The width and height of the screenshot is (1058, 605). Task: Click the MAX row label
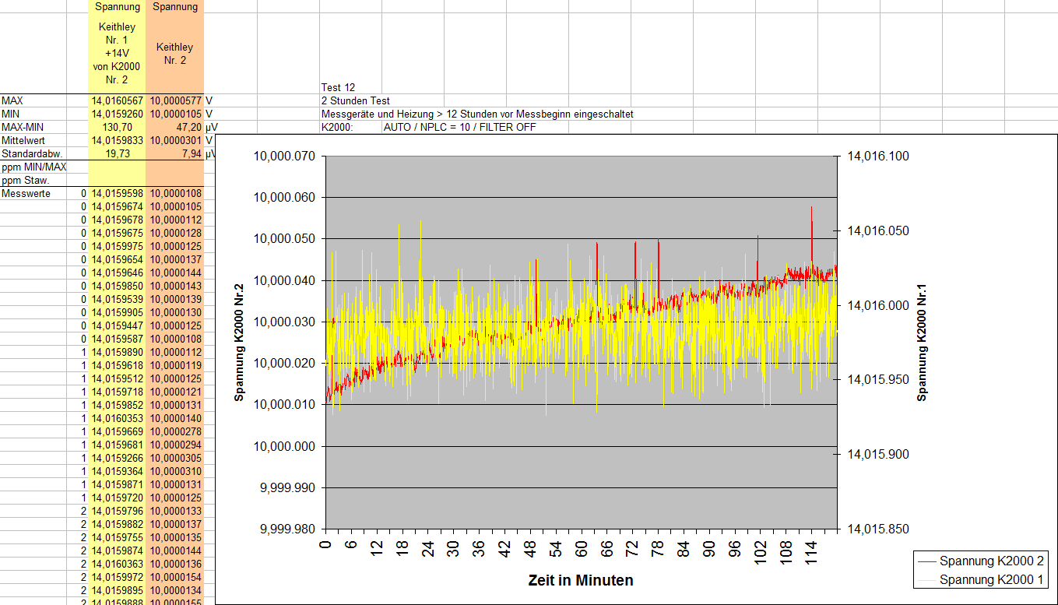pyautogui.click(x=12, y=101)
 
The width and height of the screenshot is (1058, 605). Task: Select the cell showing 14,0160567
pyautogui.click(x=118, y=101)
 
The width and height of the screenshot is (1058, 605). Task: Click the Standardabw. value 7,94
pyautogui.click(x=188, y=154)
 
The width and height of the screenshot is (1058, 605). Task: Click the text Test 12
pyautogui.click(x=338, y=88)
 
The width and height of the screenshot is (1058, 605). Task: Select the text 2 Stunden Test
pyautogui.click(x=355, y=101)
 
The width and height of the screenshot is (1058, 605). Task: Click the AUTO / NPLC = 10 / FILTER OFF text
pyautogui.click(x=459, y=128)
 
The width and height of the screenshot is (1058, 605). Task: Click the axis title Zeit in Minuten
pyautogui.click(x=580, y=580)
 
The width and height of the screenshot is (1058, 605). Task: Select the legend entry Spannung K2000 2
pyautogui.click(x=991, y=561)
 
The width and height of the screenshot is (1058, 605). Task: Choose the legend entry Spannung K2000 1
pyautogui.click(x=991, y=579)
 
